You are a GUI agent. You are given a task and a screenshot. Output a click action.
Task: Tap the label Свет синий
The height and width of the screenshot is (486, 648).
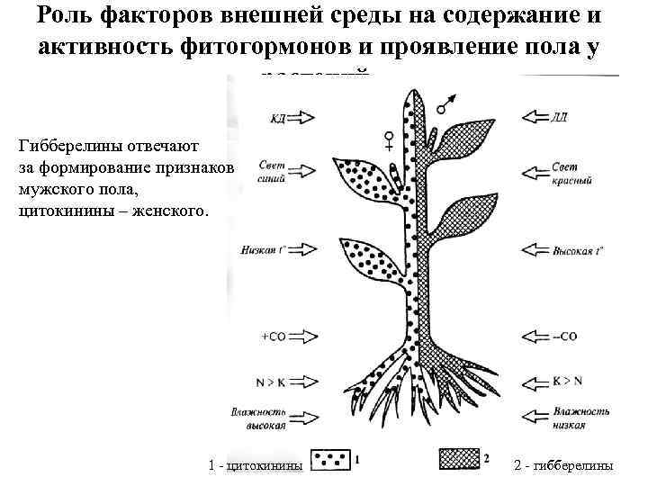(x=272, y=172)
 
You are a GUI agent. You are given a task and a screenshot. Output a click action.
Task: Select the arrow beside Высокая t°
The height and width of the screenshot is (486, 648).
(x=535, y=250)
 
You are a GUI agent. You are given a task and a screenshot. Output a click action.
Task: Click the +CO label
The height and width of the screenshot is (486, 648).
(x=273, y=336)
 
